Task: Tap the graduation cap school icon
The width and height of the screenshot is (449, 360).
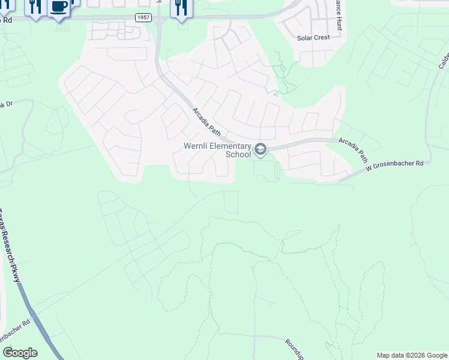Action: [261, 149]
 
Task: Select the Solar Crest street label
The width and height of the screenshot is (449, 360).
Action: [313, 38]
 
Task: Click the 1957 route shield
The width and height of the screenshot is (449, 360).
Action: [143, 19]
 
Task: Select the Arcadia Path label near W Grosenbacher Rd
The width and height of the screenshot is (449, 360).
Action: [353, 149]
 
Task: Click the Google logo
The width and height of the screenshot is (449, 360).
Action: [20, 353]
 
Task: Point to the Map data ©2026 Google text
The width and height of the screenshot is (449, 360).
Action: [412, 355]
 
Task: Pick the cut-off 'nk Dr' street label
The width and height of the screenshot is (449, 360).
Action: [7, 105]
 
